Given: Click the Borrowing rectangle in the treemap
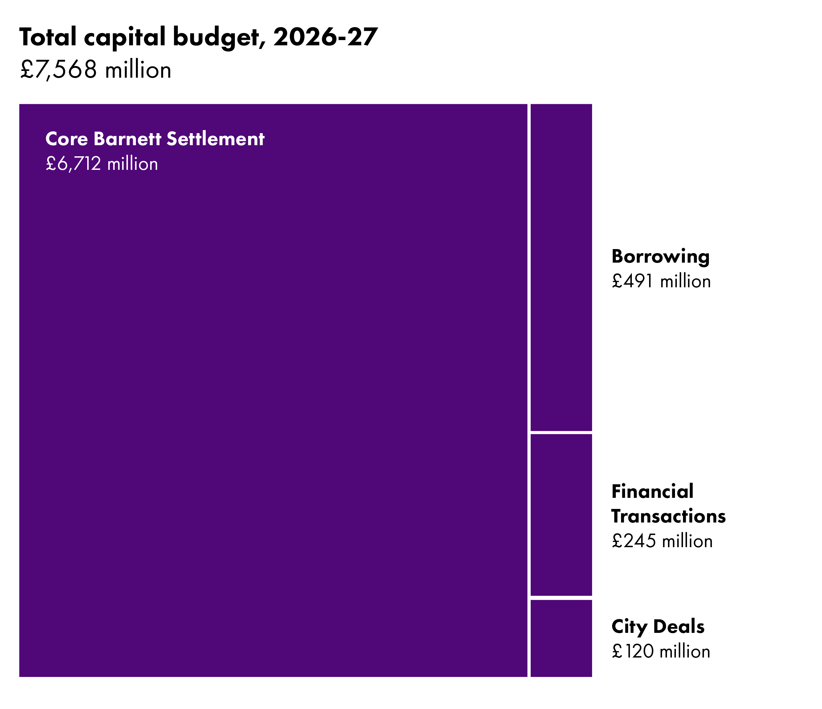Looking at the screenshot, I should (x=561, y=267).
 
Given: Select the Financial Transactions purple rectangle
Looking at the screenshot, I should (x=561, y=514).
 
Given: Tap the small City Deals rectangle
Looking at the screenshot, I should (x=561, y=638).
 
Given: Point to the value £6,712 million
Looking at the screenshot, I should (x=102, y=164).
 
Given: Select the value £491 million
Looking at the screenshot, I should (x=661, y=281).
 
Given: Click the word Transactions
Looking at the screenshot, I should (x=669, y=516).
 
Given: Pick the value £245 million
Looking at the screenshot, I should (x=662, y=541).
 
